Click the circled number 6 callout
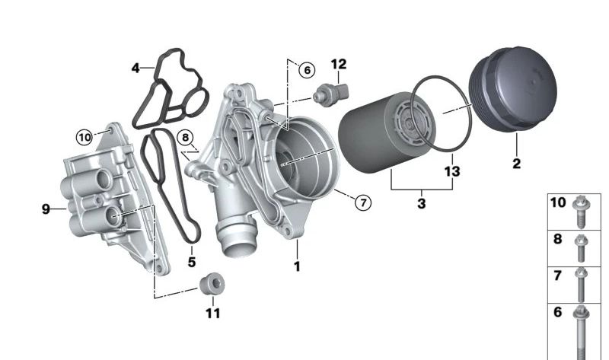(307, 70)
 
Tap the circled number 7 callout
(363, 202)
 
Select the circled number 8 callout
(185, 138)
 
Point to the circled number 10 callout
(84, 137)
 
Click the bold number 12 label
(339, 64)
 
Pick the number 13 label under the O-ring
(452, 171)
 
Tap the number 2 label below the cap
(517, 164)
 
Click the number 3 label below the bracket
(422, 203)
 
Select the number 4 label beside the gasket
(136, 68)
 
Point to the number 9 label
(46, 209)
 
